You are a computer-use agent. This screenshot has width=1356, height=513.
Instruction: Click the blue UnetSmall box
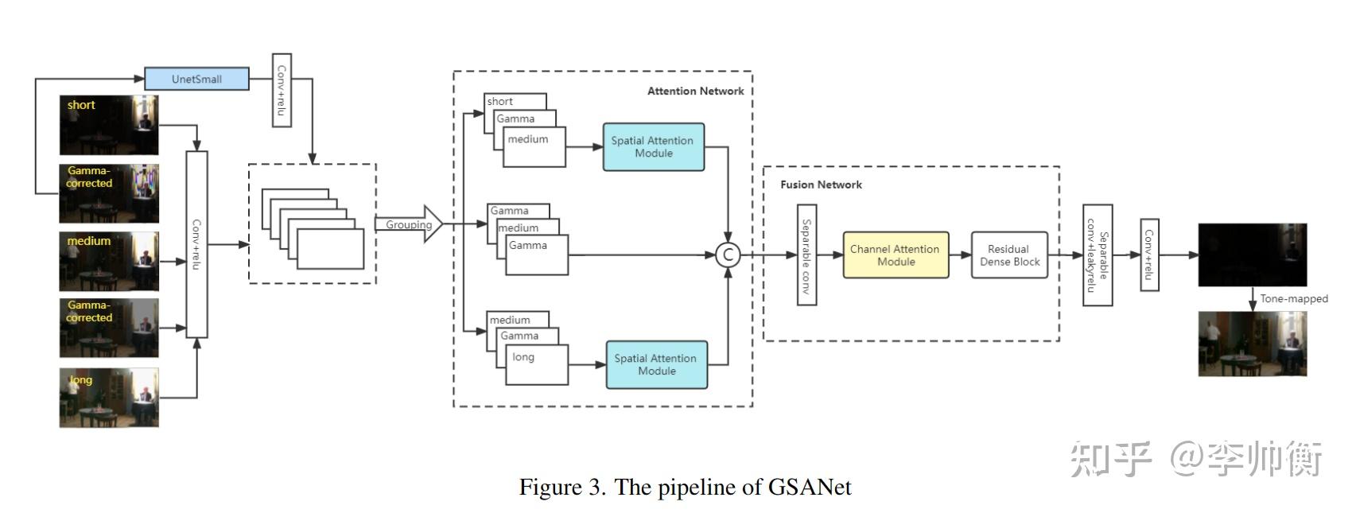(x=196, y=79)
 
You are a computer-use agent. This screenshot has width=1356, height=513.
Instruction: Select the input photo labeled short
(x=109, y=125)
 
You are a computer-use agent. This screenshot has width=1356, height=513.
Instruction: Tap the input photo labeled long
(x=109, y=397)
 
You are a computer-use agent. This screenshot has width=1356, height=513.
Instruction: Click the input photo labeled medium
(x=109, y=261)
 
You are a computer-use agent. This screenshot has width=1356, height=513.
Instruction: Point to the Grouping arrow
(x=408, y=225)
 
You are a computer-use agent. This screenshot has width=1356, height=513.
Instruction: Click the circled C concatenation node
(x=727, y=255)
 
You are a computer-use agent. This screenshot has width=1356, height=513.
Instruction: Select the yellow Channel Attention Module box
(x=896, y=255)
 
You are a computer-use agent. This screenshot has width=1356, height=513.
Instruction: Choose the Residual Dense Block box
(x=1009, y=255)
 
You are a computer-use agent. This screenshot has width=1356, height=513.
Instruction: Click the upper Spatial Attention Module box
(x=653, y=147)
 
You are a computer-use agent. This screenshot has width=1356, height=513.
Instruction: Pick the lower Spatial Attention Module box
(x=656, y=365)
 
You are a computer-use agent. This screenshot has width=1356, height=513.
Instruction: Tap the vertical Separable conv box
(x=806, y=255)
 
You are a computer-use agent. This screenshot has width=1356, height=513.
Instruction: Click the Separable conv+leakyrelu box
(x=1098, y=255)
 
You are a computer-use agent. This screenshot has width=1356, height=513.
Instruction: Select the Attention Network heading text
(x=695, y=91)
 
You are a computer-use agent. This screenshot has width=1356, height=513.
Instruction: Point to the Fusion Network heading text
(x=821, y=185)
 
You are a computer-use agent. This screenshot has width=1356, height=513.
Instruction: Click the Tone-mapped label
(x=1293, y=299)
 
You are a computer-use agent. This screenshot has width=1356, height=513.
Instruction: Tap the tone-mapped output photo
(x=1252, y=344)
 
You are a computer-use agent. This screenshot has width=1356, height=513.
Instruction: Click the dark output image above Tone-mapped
(x=1252, y=255)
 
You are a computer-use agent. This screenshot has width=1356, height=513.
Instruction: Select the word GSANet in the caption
(x=809, y=487)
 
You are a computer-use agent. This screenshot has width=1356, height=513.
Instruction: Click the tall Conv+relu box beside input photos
(x=196, y=244)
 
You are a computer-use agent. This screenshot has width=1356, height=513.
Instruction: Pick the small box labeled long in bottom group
(x=537, y=365)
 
